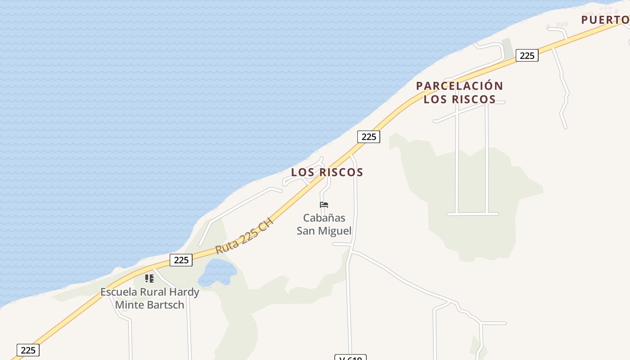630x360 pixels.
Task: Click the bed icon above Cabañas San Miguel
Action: (x=324, y=205)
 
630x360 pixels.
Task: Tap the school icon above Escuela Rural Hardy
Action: (x=149, y=279)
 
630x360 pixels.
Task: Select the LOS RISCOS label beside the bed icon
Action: (x=327, y=172)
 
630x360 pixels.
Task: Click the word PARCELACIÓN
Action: (x=459, y=85)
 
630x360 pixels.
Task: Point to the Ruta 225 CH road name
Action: (x=244, y=236)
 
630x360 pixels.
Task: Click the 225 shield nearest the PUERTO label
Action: (x=527, y=55)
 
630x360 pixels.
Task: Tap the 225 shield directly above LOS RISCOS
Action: (x=369, y=136)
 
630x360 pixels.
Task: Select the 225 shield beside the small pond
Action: (x=181, y=260)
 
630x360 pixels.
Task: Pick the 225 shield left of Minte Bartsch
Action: (x=28, y=350)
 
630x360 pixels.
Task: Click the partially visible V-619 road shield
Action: (x=351, y=358)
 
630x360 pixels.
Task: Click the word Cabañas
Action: (x=324, y=218)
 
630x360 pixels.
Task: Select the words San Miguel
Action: (x=324, y=231)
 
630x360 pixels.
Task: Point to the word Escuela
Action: (x=119, y=292)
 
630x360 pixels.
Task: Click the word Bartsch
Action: (x=166, y=305)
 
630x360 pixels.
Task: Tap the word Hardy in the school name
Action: (x=184, y=292)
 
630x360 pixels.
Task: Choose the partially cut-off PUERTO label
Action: (x=605, y=20)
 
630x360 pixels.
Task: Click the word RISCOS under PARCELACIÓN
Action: (x=476, y=99)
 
